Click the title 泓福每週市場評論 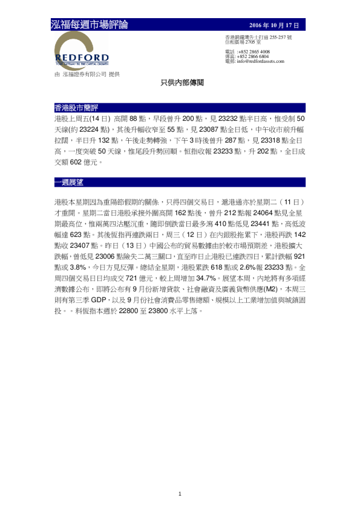click(x=90, y=25)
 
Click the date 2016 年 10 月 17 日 click(x=275, y=25)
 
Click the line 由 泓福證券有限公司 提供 click(x=87, y=74)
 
